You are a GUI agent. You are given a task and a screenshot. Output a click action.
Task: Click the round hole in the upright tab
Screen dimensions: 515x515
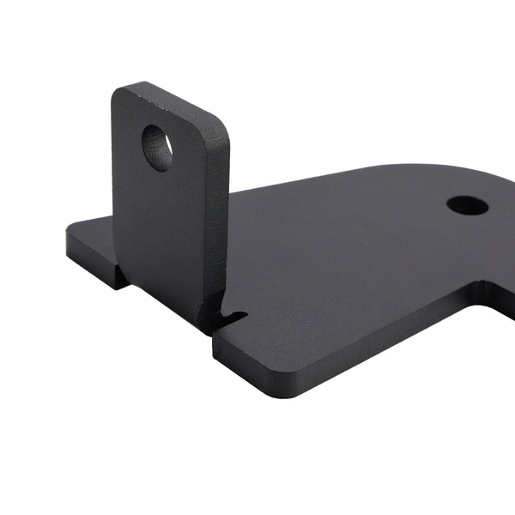(x=156, y=148)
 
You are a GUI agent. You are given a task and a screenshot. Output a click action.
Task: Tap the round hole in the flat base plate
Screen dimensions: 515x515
(x=467, y=205)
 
